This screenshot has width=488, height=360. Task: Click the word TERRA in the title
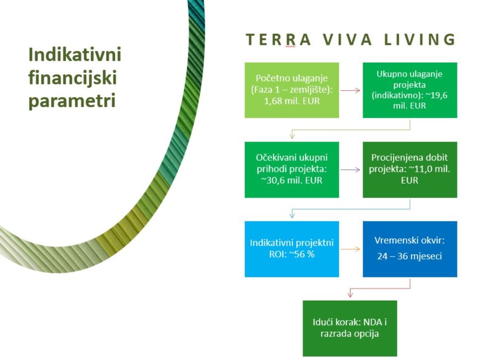[279, 40]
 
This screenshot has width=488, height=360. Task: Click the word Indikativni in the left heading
[75, 54]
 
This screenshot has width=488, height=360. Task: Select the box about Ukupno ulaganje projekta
[410, 90]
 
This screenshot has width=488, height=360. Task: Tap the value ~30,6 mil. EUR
[292, 180]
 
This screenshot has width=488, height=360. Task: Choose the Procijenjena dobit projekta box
[410, 169]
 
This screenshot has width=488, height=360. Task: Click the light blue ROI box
[292, 249]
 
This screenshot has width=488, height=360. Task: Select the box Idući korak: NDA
[350, 328]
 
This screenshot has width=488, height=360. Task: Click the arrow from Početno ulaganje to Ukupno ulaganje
[350, 91]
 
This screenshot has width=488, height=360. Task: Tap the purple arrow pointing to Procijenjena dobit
[350, 170]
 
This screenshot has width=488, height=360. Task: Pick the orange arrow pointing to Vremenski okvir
[350, 249]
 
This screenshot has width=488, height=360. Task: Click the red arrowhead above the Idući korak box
[350, 294]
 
